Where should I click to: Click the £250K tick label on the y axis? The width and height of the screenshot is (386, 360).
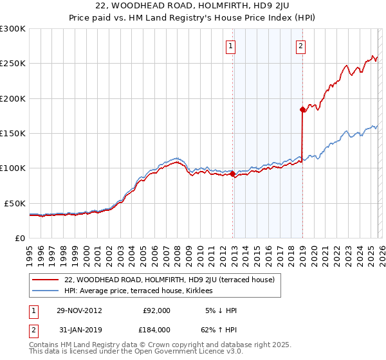13,64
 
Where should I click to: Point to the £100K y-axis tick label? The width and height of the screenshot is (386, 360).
13,168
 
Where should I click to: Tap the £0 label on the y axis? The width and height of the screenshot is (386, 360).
19,238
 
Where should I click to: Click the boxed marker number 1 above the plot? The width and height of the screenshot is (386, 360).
230,46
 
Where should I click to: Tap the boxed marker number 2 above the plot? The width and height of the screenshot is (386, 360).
300,46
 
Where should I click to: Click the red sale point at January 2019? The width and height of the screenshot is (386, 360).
302,109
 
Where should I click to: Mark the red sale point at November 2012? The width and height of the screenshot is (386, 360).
232,174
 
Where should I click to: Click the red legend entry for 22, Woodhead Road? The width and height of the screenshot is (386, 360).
169,280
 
